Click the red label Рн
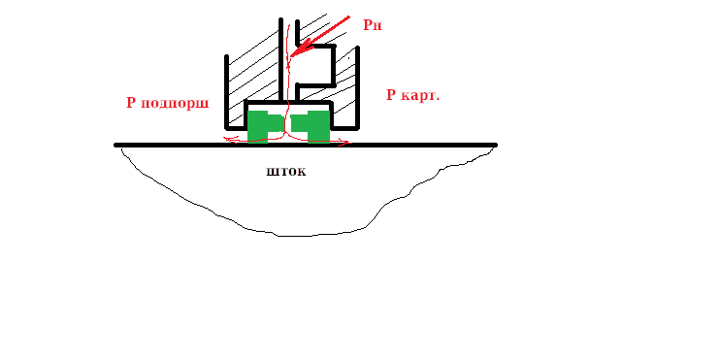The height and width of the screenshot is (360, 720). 373,25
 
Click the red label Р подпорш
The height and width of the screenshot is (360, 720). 168,103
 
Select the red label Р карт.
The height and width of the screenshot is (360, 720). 413,95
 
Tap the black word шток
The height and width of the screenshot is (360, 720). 286,172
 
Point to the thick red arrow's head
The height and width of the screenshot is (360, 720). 292,55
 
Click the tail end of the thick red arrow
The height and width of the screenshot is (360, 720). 349,17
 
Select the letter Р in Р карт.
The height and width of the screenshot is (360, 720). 391,95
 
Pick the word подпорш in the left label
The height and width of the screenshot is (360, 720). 175,103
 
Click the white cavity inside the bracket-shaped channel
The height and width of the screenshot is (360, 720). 313,66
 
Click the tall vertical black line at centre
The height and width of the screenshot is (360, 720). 280,60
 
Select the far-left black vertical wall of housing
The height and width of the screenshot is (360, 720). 226,92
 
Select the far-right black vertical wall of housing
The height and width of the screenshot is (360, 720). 357,87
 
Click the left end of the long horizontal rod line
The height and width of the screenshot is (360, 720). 115,146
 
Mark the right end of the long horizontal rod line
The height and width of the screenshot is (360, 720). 496,146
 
